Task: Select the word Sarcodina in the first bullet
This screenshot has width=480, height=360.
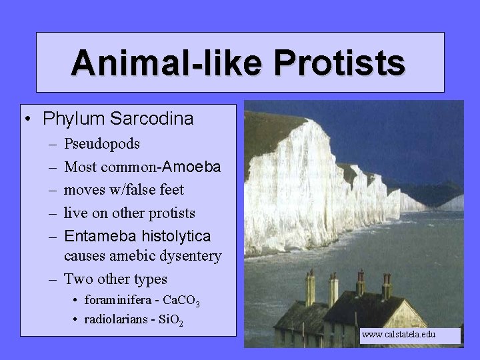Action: tap(153, 120)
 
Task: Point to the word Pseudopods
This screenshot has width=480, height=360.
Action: tap(102, 144)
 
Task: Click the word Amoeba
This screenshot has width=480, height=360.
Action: tap(193, 167)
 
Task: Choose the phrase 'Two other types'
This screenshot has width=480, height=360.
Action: tap(115, 279)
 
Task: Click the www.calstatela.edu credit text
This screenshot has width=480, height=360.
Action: tap(398, 333)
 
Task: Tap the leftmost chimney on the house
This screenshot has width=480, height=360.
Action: tap(310, 289)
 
